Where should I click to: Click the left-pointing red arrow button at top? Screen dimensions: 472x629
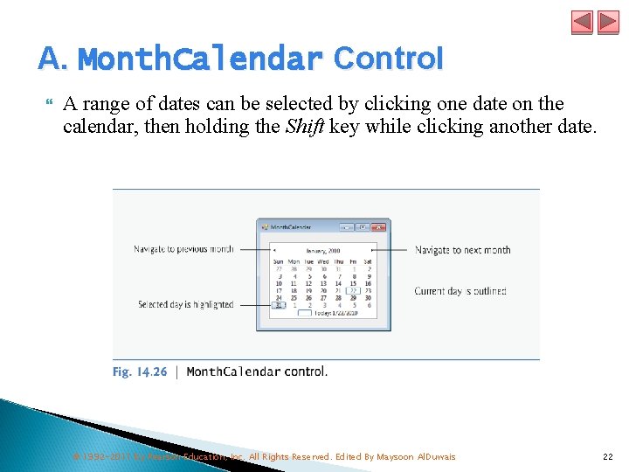(x=582, y=22)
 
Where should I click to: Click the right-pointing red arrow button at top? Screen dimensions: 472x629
(x=607, y=22)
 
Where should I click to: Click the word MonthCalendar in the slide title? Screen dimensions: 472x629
(x=200, y=59)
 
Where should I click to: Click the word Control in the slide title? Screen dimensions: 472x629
(x=389, y=59)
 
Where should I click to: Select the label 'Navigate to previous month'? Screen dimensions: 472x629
(x=183, y=249)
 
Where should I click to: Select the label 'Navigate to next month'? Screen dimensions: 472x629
(x=462, y=250)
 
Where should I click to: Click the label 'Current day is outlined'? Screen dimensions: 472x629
(x=460, y=291)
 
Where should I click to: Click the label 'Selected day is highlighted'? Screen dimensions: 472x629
(x=185, y=304)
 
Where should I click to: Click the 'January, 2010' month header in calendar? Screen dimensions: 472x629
(x=322, y=249)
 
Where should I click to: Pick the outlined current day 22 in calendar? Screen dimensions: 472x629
(x=353, y=290)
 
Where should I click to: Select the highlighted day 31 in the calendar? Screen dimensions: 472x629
(x=279, y=304)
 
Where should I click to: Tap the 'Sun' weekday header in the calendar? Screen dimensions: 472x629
(x=279, y=261)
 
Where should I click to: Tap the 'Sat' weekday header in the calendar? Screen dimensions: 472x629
(x=367, y=261)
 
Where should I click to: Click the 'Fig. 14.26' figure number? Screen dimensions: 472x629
(x=140, y=371)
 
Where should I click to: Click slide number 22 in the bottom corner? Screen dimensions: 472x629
(x=607, y=457)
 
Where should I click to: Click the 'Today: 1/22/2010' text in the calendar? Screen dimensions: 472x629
(x=336, y=312)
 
